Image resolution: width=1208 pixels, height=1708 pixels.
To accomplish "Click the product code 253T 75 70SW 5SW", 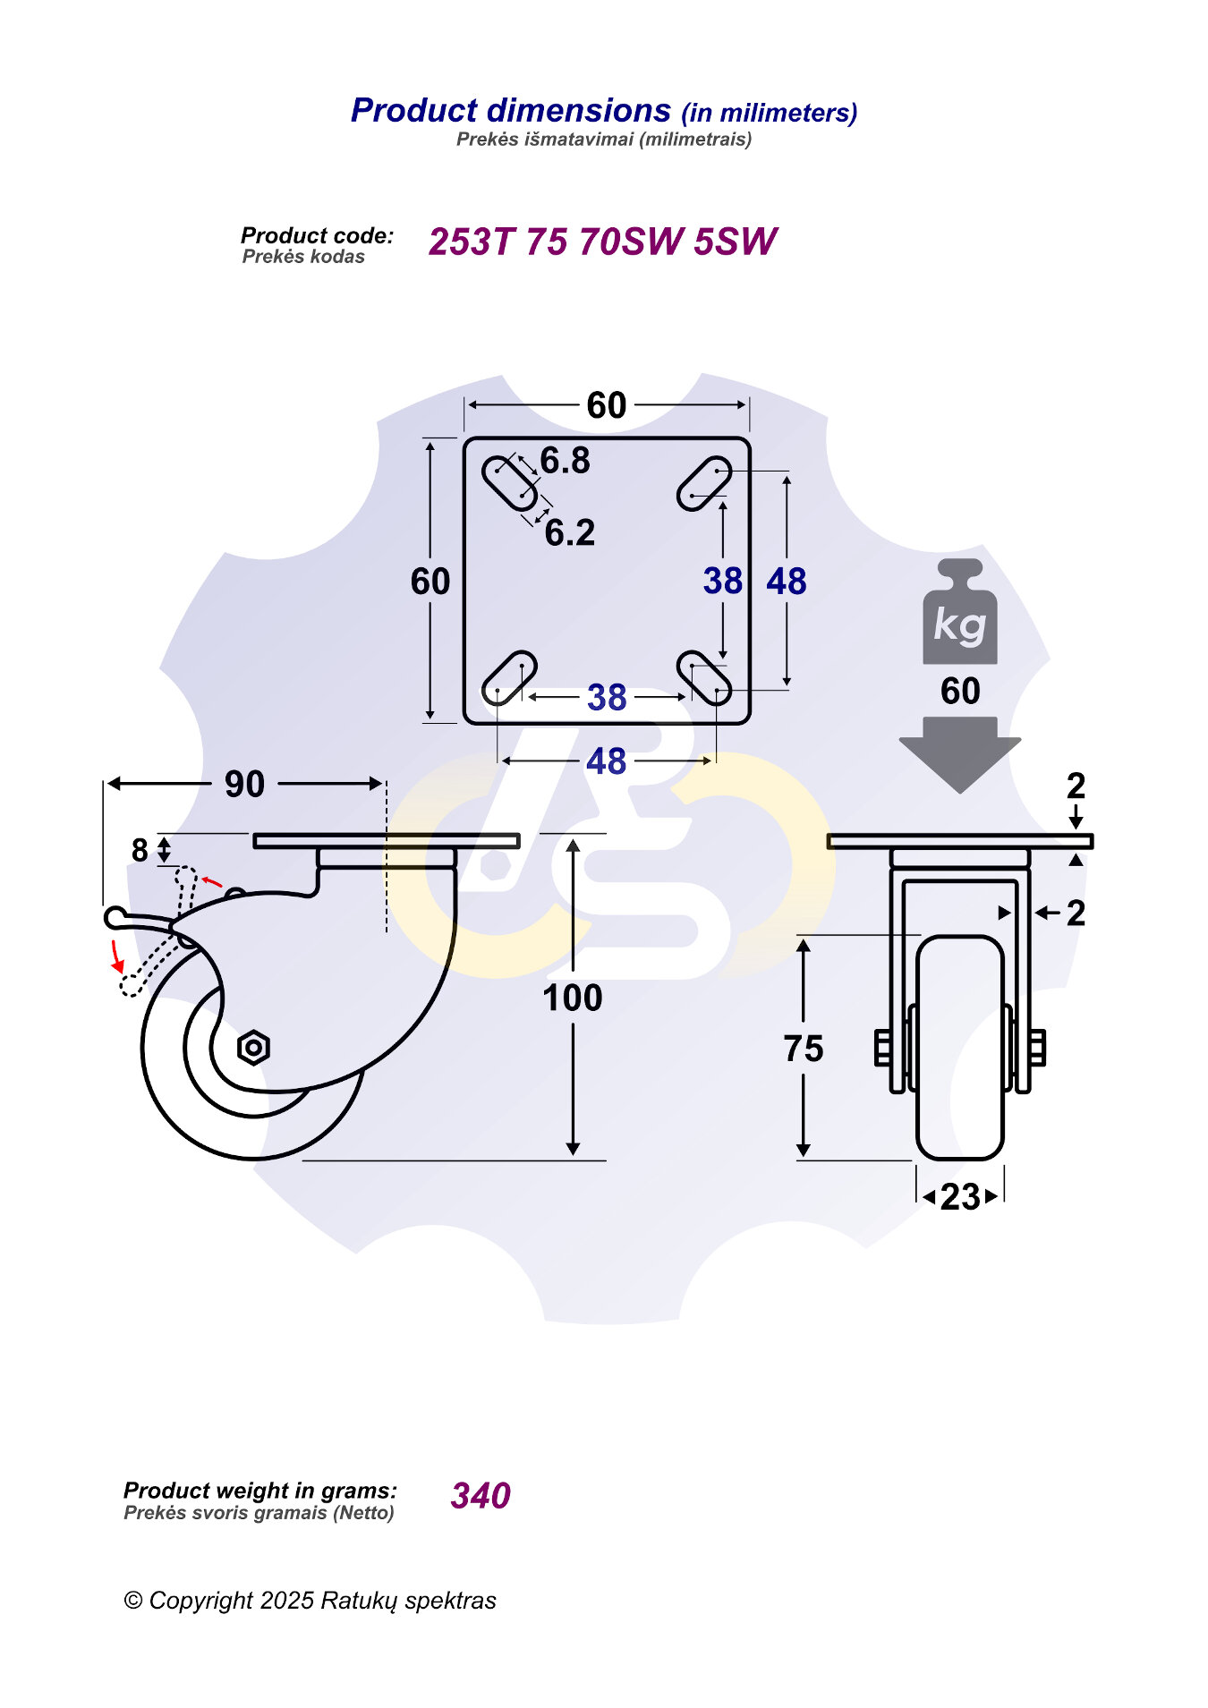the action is [x=602, y=242].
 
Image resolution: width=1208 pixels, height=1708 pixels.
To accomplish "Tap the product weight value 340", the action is [x=481, y=1495].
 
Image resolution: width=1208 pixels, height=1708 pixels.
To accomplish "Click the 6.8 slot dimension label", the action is [x=565, y=461].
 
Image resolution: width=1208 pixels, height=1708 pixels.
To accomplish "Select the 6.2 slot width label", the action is [x=570, y=532].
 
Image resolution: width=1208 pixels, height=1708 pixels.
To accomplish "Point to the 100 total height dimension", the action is [x=573, y=998].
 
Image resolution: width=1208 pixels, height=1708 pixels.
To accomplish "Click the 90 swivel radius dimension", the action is [x=244, y=784].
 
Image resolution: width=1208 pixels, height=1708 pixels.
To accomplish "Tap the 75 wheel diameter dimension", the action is [x=804, y=1049].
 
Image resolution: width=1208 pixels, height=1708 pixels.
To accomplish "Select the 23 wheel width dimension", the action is [x=960, y=1197].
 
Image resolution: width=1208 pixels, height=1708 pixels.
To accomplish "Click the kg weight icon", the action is [x=960, y=612].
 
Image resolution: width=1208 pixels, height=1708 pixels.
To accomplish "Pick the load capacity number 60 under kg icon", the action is [x=960, y=691].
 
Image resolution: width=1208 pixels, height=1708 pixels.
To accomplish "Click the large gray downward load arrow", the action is [x=960, y=754].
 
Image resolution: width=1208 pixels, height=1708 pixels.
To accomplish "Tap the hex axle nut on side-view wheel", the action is [x=254, y=1047].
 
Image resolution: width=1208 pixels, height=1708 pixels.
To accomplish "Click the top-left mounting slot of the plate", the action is [x=510, y=483].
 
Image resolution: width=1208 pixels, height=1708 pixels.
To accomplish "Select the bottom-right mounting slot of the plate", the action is [x=703, y=677].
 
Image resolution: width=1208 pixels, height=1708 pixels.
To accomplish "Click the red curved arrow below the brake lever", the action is [x=116, y=956].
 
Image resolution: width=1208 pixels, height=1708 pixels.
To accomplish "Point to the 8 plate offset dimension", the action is [x=140, y=850].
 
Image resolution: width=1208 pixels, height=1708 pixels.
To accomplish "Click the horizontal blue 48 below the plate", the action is [x=606, y=761].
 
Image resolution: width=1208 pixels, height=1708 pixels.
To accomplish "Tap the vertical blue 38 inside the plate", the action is [x=723, y=581].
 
